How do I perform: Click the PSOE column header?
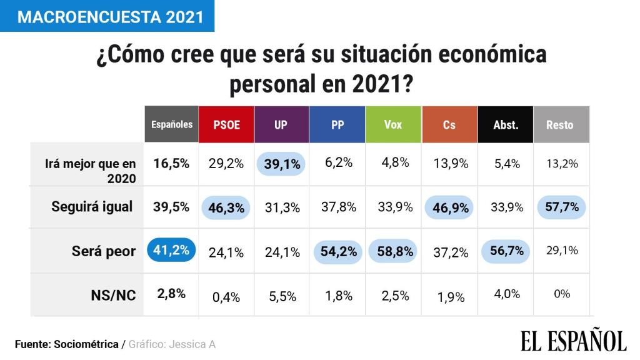[226, 124]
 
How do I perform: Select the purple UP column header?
[281, 124]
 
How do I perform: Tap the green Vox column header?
[393, 124]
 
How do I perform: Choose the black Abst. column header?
[506, 124]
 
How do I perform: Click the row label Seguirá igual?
[92, 207]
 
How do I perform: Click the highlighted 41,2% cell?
[171, 251]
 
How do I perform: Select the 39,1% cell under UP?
[282, 164]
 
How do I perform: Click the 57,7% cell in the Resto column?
[561, 207]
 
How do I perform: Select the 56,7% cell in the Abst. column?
[506, 251]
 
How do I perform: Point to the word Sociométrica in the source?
[86, 344]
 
